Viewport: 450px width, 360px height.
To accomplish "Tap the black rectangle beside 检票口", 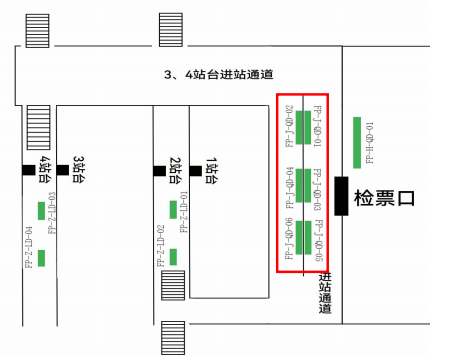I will [x=341, y=194].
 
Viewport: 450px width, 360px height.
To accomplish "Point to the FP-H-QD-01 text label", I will [x=369, y=142].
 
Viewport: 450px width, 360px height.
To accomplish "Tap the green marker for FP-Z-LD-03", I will [x=41, y=210].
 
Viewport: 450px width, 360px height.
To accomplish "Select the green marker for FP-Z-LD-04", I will [x=42, y=258].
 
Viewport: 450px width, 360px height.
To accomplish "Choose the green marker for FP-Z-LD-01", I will [x=173, y=209].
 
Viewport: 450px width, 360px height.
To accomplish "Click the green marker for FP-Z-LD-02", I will [x=173, y=257].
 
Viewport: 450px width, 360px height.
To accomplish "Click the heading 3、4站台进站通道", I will [x=219, y=76].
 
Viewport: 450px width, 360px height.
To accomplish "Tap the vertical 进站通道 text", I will [x=325, y=294].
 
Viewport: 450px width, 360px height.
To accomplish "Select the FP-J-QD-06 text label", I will [x=289, y=238].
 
